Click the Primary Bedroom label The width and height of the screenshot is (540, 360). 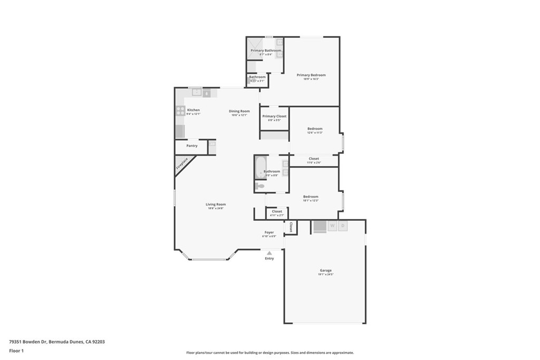pyautogui.click(x=311, y=75)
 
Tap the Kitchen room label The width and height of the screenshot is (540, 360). pyautogui.click(x=193, y=110)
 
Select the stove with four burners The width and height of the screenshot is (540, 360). pyautogui.click(x=180, y=111)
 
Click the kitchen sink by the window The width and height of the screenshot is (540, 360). pyautogui.click(x=196, y=92)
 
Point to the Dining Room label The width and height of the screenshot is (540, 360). pyautogui.click(x=239, y=111)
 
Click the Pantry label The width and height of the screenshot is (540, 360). pyautogui.click(x=192, y=145)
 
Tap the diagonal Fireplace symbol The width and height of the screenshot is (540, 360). pyautogui.click(x=182, y=163)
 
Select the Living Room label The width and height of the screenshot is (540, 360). pyautogui.click(x=216, y=204)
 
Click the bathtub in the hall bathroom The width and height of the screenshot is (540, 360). pyautogui.click(x=260, y=168)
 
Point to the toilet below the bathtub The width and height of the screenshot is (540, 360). pyautogui.click(x=260, y=186)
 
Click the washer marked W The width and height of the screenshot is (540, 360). pyautogui.click(x=332, y=226)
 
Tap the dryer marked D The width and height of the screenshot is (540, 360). pyautogui.click(x=343, y=226)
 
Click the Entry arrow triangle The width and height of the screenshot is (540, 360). pyautogui.click(x=269, y=253)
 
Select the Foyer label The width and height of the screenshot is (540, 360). pyautogui.click(x=269, y=232)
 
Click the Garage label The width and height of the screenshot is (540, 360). pyautogui.click(x=325, y=270)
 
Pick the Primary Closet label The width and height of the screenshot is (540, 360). pyautogui.click(x=274, y=116)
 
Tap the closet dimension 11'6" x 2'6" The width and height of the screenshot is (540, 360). pyautogui.click(x=314, y=162)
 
